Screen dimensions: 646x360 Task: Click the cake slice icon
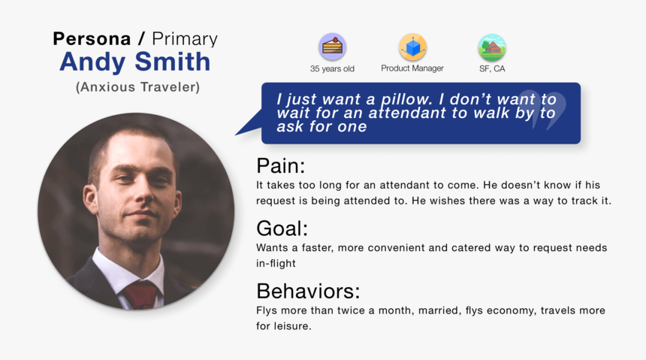pyautogui.click(x=332, y=47)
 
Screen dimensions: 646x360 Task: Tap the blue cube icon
pyautogui.click(x=412, y=47)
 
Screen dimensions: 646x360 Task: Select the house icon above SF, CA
pyautogui.click(x=492, y=47)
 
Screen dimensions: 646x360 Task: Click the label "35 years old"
pyautogui.click(x=332, y=69)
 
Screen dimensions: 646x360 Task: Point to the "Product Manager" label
pyautogui.click(x=412, y=68)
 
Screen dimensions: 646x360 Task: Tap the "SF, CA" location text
pyautogui.click(x=492, y=69)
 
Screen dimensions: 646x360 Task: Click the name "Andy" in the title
pyautogui.click(x=92, y=62)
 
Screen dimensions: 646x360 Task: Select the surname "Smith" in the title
pyautogui.click(x=173, y=61)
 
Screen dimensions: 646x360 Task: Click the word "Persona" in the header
pyautogui.click(x=92, y=39)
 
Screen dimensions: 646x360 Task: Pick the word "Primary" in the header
pyautogui.click(x=185, y=39)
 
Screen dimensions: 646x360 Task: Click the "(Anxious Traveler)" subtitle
pyautogui.click(x=137, y=87)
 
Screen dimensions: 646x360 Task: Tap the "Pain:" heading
pyautogui.click(x=281, y=166)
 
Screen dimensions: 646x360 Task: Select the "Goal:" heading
pyautogui.click(x=282, y=228)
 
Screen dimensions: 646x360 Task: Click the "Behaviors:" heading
pyautogui.click(x=308, y=291)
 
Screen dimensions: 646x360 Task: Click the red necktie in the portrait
pyautogui.click(x=140, y=295)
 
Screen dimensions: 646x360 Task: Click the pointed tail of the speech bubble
pyautogui.click(x=236, y=135)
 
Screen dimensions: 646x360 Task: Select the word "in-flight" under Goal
pyautogui.click(x=276, y=264)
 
